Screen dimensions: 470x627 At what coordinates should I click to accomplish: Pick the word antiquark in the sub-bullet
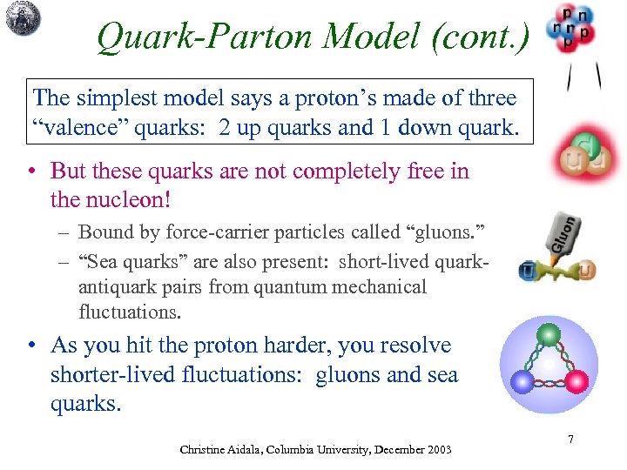pos(117,287)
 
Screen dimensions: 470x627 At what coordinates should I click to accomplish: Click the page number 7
pos(570,440)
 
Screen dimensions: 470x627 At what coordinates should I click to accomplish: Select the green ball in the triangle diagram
pos(548,334)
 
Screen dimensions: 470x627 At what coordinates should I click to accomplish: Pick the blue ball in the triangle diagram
pos(522,382)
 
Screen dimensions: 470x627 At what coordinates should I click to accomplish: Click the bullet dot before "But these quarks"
pos(31,171)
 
